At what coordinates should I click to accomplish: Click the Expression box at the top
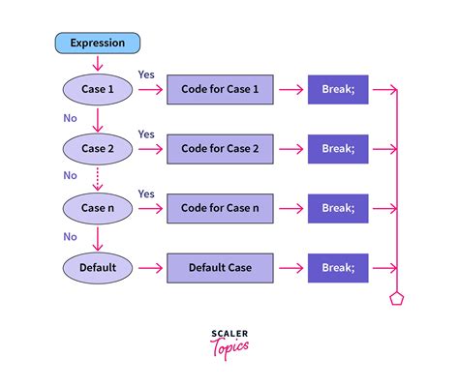point(98,43)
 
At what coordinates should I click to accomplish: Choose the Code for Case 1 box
point(222,91)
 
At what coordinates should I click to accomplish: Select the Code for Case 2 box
point(222,149)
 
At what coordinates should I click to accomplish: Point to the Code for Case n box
point(222,207)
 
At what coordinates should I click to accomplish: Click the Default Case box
point(222,265)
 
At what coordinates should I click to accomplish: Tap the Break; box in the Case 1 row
point(338,91)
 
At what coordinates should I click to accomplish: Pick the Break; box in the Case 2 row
point(338,149)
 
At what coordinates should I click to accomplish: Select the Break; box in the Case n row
point(338,207)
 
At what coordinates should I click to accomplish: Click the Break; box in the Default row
point(338,265)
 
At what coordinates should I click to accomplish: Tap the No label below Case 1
point(70,118)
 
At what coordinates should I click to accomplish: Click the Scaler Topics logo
point(229,339)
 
